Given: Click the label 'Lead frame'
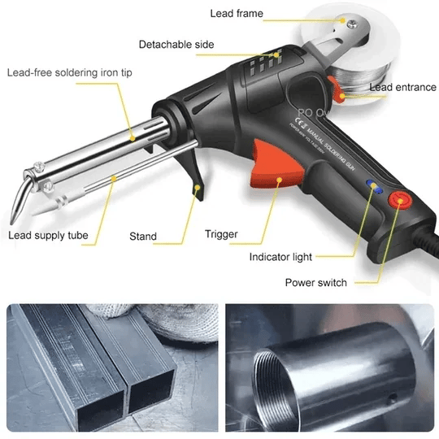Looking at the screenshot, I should click(237, 14).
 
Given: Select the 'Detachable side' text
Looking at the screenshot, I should click(176, 44).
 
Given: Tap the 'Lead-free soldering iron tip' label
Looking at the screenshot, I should click(69, 72).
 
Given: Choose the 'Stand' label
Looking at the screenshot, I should click(143, 237).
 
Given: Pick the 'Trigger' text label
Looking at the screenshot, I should click(221, 234).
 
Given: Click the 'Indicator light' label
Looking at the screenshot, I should click(280, 258).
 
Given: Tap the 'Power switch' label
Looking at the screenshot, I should click(315, 283).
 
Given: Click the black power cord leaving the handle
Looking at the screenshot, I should click(427, 236).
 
